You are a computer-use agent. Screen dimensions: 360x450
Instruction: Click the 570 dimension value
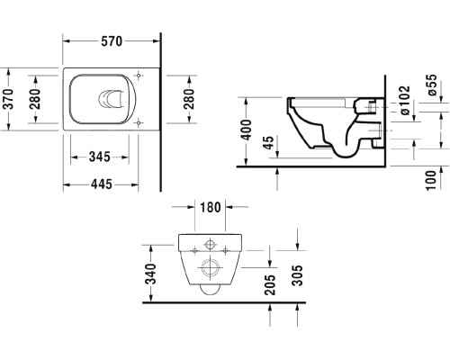(110, 42)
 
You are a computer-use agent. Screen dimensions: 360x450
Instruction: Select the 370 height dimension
(9, 95)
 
